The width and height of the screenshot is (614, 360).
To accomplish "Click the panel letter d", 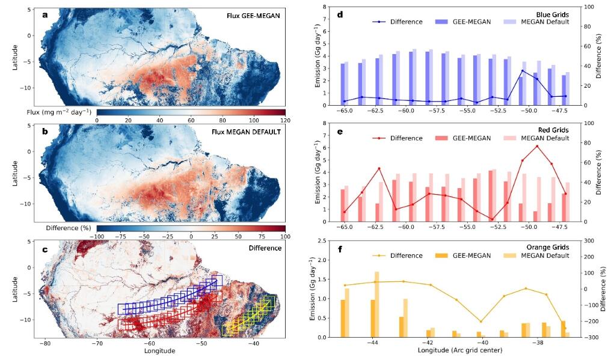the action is click(x=340, y=15).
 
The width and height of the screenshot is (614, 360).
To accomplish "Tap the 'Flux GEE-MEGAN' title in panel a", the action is click(x=253, y=16).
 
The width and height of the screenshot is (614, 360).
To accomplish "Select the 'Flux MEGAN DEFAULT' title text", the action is click(x=246, y=132).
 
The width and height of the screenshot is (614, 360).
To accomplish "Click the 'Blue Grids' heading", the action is click(x=553, y=14).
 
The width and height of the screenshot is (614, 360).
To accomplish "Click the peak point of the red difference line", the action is click(x=537, y=147).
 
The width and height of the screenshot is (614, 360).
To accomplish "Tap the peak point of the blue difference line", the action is click(x=523, y=71).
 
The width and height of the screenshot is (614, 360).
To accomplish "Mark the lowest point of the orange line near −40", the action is click(x=481, y=322).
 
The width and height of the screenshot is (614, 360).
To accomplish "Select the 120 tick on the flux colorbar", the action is click(x=286, y=121).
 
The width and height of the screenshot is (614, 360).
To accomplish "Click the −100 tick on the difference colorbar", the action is click(x=97, y=236).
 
